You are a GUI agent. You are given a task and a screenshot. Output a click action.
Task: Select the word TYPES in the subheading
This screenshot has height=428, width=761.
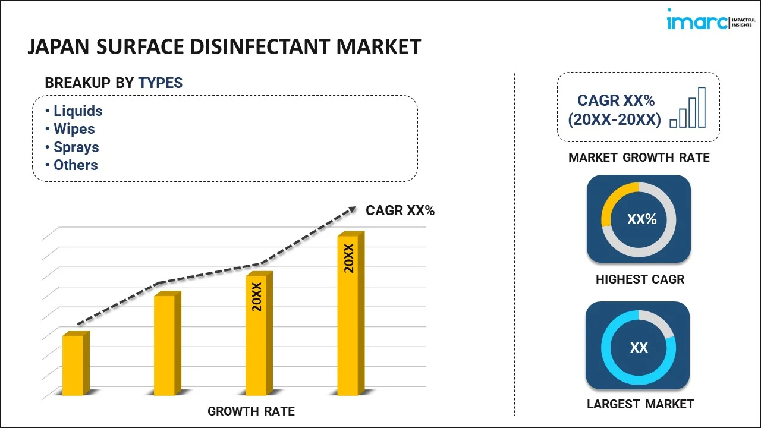click(x=161, y=83)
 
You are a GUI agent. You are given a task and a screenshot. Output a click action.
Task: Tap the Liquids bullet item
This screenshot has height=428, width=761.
click(x=77, y=111)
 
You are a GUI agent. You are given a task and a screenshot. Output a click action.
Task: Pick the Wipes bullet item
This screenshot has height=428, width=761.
click(x=74, y=129)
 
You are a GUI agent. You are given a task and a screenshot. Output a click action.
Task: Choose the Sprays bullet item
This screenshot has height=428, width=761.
click(x=76, y=147)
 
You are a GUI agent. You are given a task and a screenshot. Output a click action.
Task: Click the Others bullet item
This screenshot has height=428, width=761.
click(x=75, y=165)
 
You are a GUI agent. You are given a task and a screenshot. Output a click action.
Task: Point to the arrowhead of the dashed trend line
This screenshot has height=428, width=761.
click(x=351, y=209)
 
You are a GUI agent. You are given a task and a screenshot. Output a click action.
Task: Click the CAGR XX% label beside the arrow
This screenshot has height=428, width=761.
click(x=400, y=210)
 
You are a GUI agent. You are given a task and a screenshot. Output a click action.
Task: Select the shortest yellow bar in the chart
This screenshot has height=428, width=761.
click(x=74, y=364)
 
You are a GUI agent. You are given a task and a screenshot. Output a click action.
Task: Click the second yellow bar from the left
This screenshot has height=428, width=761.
click(x=165, y=344)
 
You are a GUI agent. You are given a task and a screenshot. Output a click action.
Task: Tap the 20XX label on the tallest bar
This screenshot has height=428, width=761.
click(x=349, y=258)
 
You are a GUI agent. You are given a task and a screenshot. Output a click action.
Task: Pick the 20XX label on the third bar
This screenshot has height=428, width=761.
click(x=257, y=297)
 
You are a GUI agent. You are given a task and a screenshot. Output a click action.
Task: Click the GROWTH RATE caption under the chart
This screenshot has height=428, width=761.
click(x=251, y=411)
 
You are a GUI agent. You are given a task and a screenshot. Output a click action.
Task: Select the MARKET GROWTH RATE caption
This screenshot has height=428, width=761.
click(x=639, y=158)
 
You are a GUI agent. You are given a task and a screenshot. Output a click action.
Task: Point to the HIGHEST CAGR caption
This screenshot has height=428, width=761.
click(x=640, y=279)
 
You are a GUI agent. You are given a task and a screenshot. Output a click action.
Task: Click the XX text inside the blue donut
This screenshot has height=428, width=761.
click(x=639, y=348)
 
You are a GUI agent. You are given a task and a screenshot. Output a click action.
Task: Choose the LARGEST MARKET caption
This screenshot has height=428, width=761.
click(x=640, y=404)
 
